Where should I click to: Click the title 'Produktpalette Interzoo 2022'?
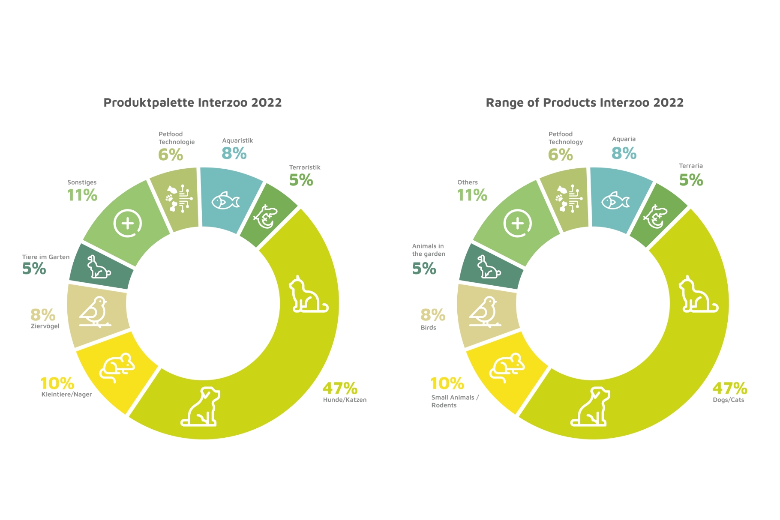192,103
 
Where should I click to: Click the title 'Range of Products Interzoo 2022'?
585,103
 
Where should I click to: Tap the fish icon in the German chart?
225,200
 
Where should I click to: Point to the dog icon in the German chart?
201,407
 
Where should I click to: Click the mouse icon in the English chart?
507,368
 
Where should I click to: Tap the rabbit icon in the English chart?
489,267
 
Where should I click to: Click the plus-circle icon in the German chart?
128,223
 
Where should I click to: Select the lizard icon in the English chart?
655,217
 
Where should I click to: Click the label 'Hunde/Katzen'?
345,400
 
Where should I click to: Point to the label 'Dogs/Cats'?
729,400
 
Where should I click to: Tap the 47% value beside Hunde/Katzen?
340,389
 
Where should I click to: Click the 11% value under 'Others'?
472,195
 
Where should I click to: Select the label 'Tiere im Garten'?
46,257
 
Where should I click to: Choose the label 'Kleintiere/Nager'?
66,394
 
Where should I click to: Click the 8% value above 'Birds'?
433,315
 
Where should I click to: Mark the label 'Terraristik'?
305,167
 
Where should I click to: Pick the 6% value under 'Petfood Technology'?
561,155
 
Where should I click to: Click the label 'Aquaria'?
624,139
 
